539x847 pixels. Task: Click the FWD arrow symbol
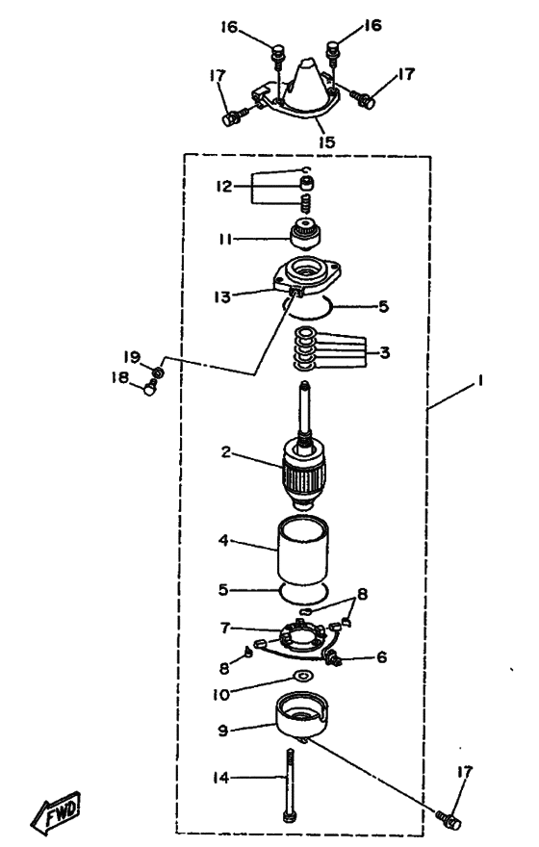click(56, 812)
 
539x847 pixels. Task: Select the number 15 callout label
click(326, 141)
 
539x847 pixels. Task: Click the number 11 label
click(225, 239)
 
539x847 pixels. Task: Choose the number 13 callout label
click(222, 296)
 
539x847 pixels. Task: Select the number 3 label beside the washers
click(385, 352)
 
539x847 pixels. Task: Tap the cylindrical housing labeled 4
click(303, 552)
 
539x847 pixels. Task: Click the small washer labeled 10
click(303, 676)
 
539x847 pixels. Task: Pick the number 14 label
click(220, 778)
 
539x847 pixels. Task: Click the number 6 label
click(381, 656)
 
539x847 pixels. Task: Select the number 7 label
click(224, 628)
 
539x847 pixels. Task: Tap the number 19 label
click(132, 356)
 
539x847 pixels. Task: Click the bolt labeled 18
click(149, 387)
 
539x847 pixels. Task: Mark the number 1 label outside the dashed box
click(478, 381)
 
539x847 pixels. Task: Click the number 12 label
click(223, 187)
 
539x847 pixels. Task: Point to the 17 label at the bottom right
click(465, 773)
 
